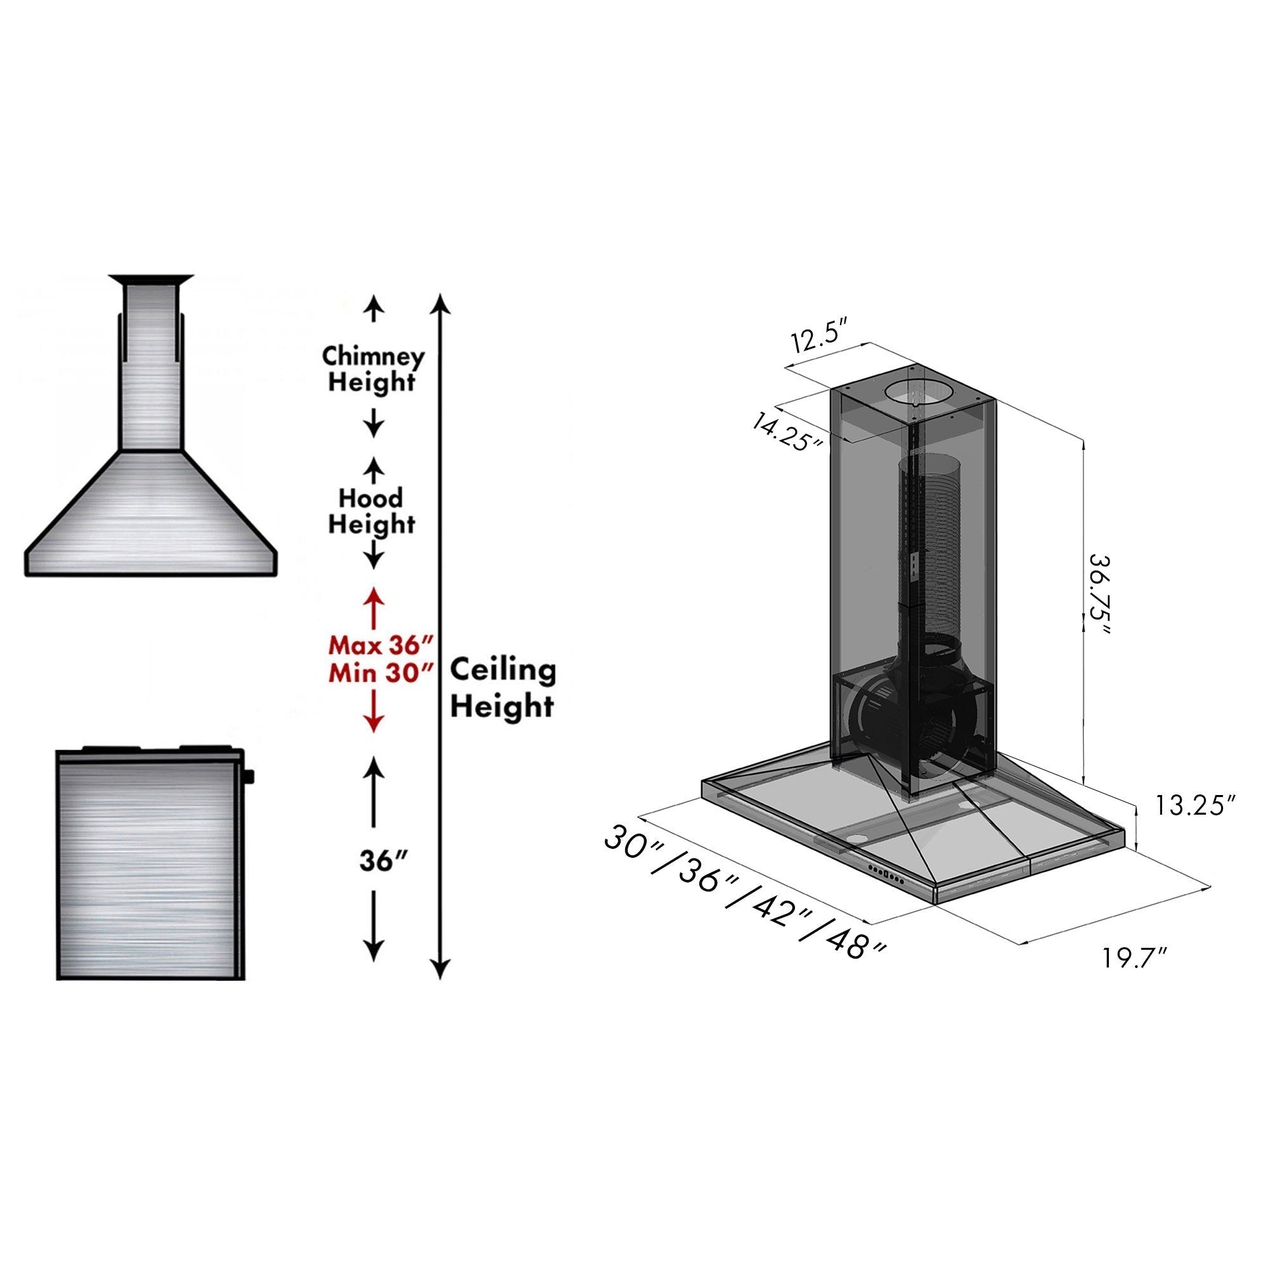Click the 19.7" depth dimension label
click(1134, 958)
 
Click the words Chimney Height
click(373, 370)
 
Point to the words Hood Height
click(372, 511)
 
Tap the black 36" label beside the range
click(385, 860)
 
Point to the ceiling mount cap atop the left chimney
click(152, 280)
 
